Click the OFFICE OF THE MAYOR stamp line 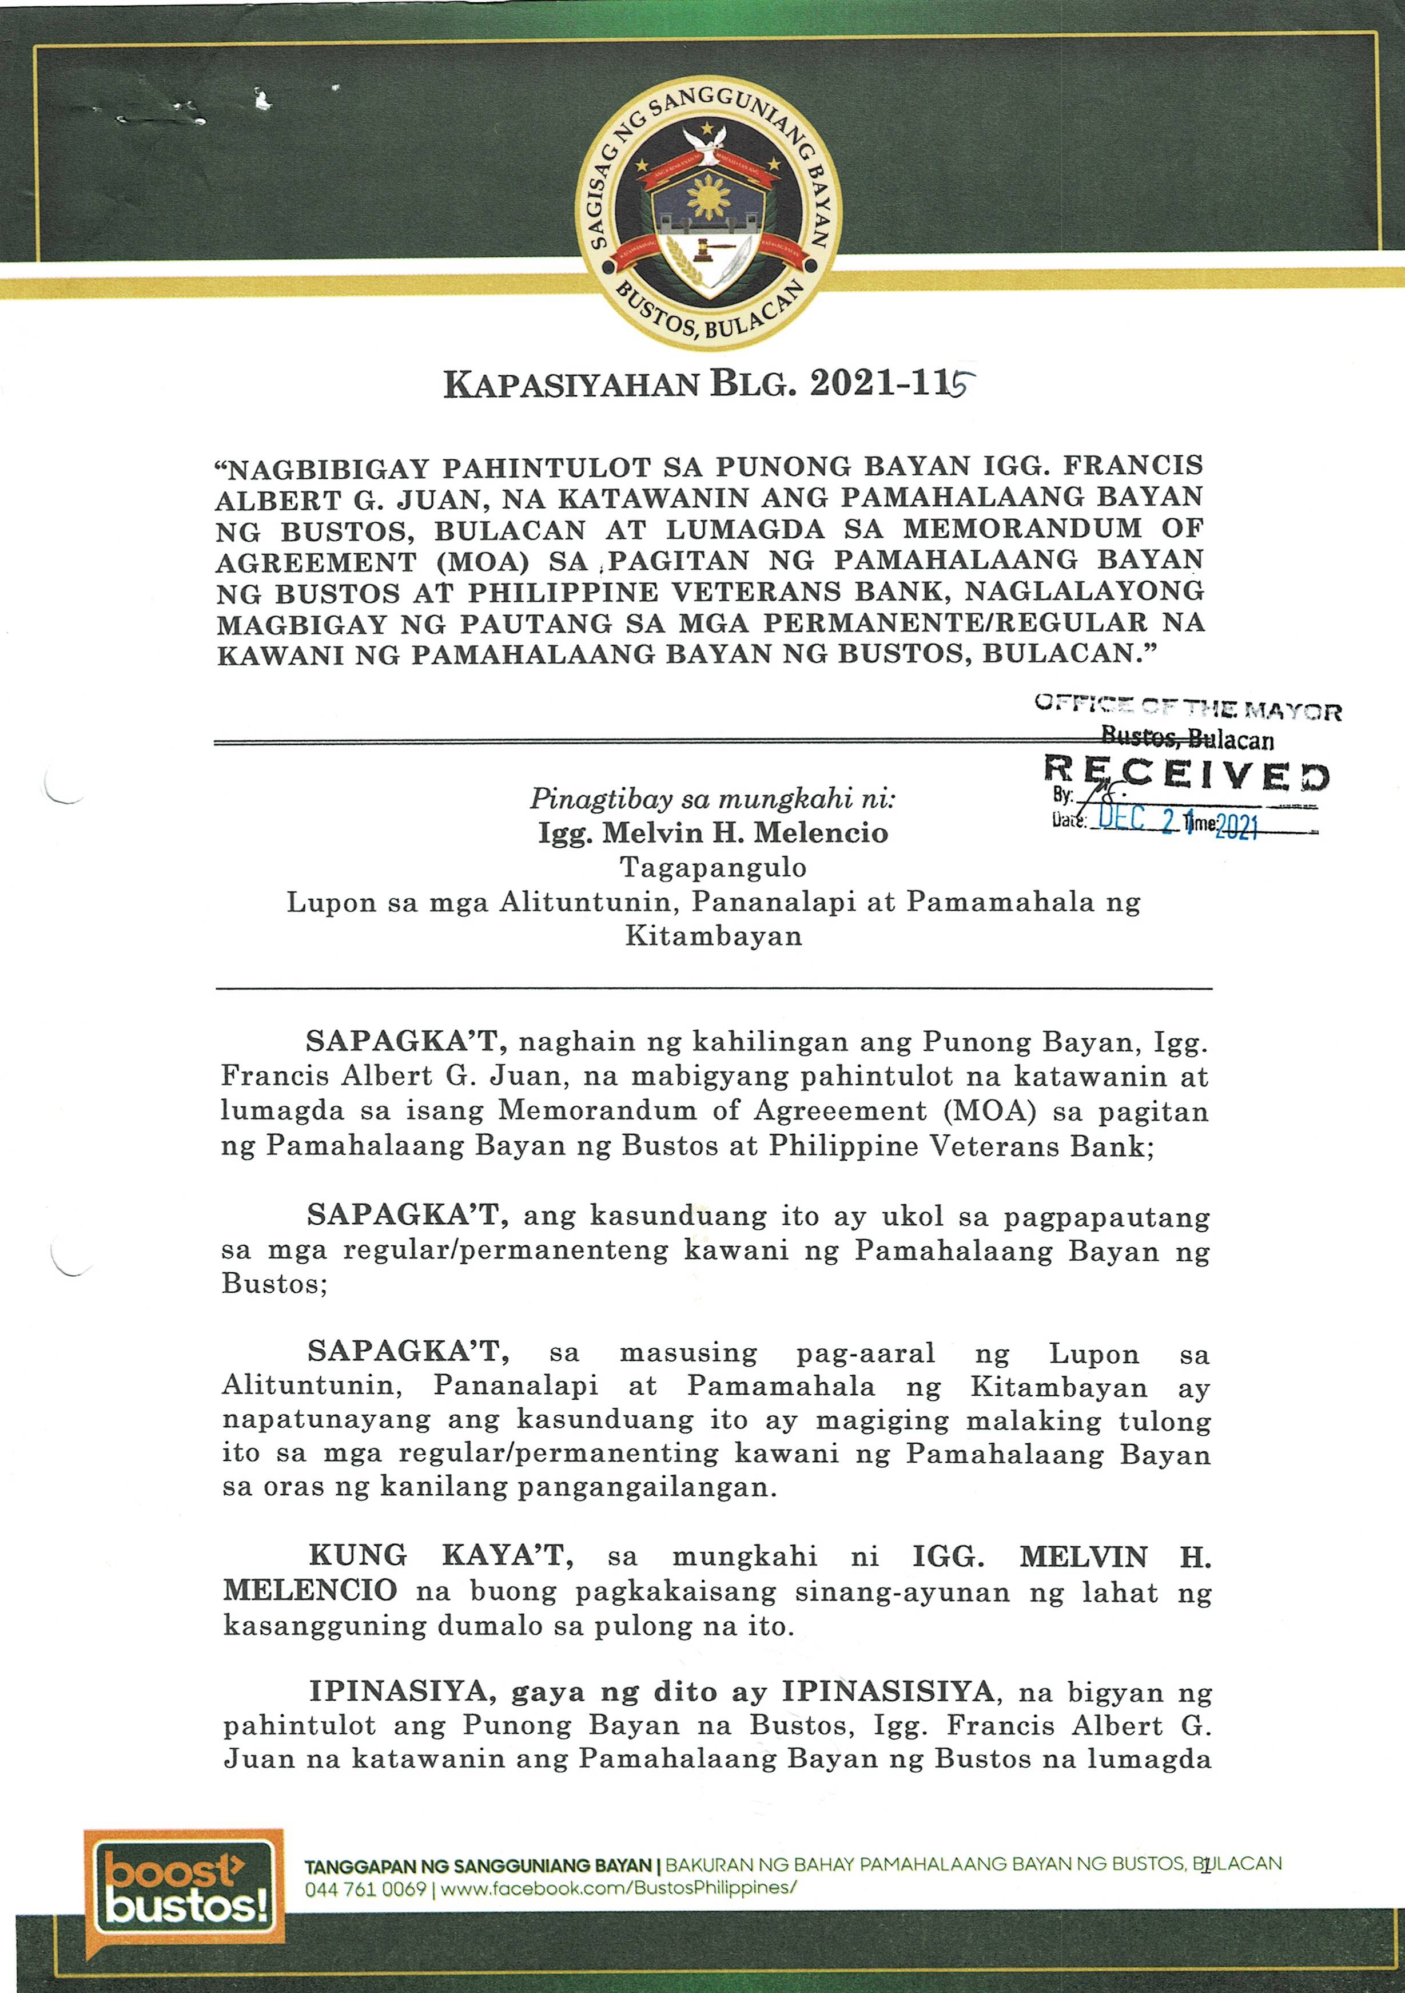[1187, 710]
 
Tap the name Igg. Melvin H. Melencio [713, 833]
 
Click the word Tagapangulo [713, 867]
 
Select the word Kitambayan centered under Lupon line [713, 936]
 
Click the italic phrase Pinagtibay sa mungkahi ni [713, 798]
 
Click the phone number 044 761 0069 [364, 1889]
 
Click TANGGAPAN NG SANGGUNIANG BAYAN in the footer [477, 1864]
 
